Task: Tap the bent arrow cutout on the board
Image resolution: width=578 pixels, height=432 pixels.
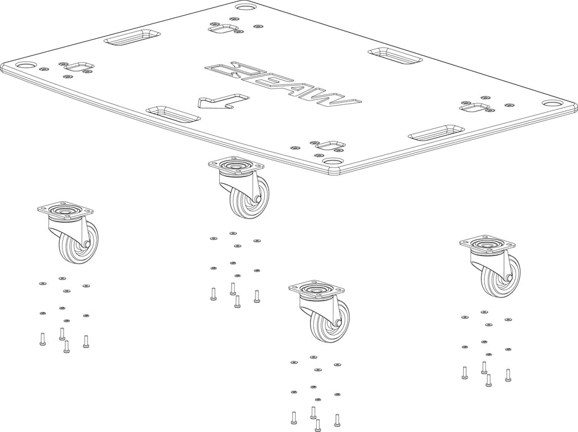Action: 222,101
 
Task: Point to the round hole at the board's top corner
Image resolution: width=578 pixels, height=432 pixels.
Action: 245,9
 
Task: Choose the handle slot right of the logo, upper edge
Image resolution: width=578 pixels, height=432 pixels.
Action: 395,55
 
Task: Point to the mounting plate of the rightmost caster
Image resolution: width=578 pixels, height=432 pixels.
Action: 487,243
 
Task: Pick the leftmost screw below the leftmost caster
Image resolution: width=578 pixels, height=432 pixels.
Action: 42,338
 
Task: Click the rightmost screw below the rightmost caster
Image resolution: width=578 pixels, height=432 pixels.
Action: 508,373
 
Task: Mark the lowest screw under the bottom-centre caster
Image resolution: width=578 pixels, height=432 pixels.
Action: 318,424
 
